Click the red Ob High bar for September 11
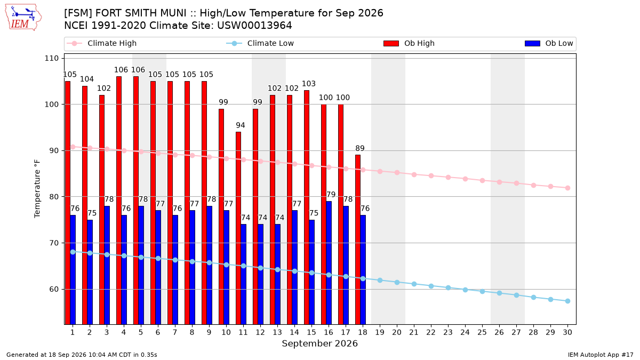(x=238, y=228)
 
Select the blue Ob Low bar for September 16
(x=329, y=262)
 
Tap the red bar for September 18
(x=358, y=239)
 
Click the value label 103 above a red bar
(x=309, y=84)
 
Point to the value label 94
(x=241, y=125)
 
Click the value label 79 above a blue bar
(x=331, y=195)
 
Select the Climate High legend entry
(x=101, y=43)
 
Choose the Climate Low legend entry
(x=260, y=43)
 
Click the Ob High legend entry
(x=409, y=43)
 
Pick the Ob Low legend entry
(x=549, y=43)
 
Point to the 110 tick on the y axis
(x=51, y=58)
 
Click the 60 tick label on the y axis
(x=54, y=289)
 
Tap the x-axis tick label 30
(x=567, y=332)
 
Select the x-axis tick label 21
(x=414, y=332)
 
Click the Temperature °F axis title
(x=37, y=189)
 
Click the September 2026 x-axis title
(x=319, y=343)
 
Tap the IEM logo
(x=23, y=18)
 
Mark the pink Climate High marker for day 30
(x=567, y=188)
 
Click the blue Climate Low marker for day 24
(x=465, y=290)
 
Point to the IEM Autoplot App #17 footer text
(x=601, y=355)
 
